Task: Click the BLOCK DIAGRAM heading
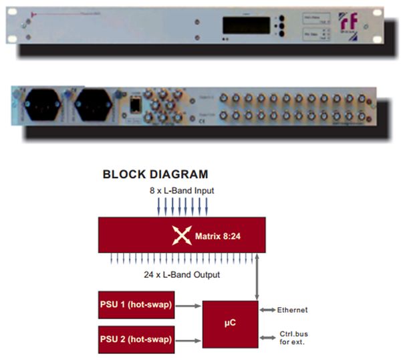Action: [x=155, y=175]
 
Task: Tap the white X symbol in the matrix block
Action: [x=182, y=235]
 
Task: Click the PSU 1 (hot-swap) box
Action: [x=136, y=305]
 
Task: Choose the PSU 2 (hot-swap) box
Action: [x=136, y=338]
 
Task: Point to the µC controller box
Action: [x=230, y=323]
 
